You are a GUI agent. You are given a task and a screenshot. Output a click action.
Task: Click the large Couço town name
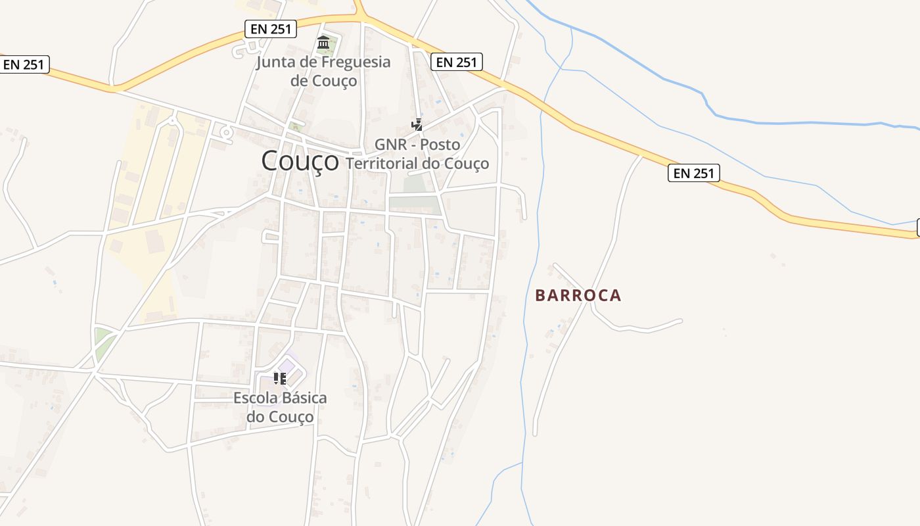tap(300, 161)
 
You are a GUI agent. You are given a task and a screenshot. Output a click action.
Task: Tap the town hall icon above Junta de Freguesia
tap(323, 43)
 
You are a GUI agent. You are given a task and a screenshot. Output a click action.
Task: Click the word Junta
tap(275, 62)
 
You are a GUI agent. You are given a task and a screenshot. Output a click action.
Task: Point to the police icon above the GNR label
tap(417, 124)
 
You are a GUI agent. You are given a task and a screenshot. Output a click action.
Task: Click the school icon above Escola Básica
tap(280, 379)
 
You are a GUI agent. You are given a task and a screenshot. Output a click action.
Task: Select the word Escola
tap(256, 398)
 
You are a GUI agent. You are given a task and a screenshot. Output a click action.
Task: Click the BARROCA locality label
tap(578, 295)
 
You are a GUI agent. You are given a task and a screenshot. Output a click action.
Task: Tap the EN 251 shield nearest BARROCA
tap(694, 173)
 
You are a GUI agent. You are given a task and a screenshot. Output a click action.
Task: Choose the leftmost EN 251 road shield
tap(24, 64)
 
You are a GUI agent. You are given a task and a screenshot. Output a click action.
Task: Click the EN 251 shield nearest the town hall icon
tap(271, 28)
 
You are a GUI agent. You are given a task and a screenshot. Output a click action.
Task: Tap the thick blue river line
tap(789, 122)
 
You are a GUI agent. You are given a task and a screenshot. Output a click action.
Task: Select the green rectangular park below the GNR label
tap(414, 204)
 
